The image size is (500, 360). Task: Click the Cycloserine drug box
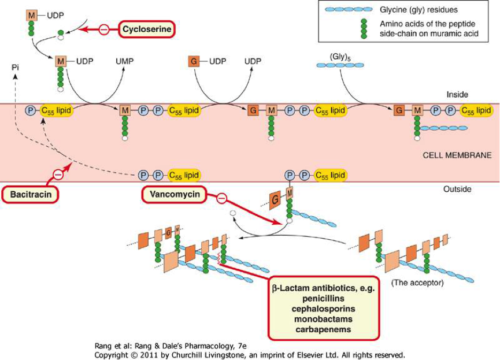point(147,28)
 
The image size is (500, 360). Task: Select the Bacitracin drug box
point(35,195)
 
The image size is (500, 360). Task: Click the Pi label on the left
point(16,68)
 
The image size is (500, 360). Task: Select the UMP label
point(124,60)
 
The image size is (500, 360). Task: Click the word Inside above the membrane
point(457,94)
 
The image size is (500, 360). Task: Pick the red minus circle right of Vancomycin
point(221,200)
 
